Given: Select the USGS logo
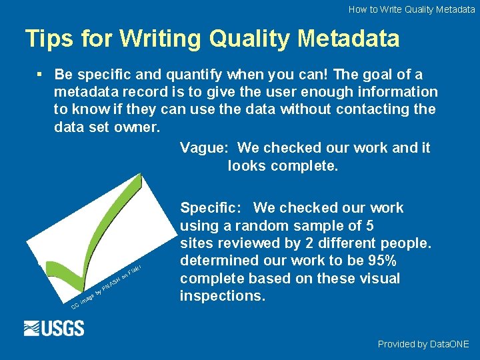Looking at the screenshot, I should [54, 328].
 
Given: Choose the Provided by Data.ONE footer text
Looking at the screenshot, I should [423, 344].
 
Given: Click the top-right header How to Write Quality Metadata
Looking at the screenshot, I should [411, 9].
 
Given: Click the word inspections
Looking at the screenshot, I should [222, 295].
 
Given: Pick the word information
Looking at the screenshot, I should [396, 91].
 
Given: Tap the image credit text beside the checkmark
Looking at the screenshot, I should [107, 287].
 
